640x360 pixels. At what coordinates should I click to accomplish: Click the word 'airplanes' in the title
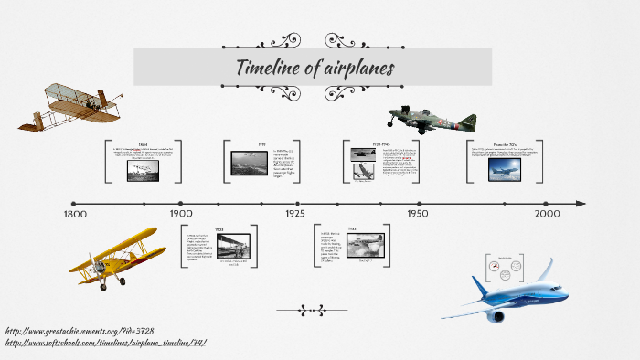pos(359,69)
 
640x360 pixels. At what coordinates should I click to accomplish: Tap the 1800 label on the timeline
pos(75,214)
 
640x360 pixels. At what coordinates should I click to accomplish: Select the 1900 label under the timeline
pos(180,214)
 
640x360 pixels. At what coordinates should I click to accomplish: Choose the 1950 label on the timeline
pos(418,214)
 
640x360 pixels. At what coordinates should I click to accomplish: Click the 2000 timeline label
pos(547,214)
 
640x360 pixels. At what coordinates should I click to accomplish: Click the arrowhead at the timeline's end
pos(580,203)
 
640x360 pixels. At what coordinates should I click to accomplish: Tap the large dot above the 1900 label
pos(180,203)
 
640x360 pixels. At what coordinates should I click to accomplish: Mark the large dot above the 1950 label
pos(419,203)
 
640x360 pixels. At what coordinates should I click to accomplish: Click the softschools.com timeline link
pos(105,343)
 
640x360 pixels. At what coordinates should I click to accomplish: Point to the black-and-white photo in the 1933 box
pos(365,245)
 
